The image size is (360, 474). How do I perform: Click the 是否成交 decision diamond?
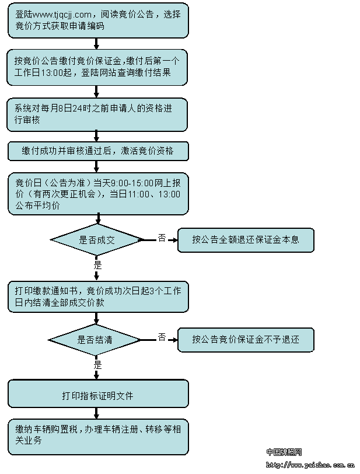coord(97,240)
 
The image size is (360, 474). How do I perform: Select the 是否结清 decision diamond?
coord(95,340)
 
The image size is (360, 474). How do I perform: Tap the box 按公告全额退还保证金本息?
coord(246,240)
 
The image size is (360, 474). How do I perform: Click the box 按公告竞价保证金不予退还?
coord(246,340)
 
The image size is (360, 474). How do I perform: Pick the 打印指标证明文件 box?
coord(98,394)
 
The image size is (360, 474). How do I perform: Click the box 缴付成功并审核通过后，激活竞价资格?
coord(98,151)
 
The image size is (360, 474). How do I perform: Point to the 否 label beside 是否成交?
coord(162,238)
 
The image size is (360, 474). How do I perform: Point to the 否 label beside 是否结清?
coord(162,337)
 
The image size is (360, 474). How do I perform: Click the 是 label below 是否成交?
coord(97,265)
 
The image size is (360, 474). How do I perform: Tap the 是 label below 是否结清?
coord(97,365)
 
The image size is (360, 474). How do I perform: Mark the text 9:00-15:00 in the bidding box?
coord(132,183)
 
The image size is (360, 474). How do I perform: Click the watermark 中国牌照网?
coord(284,452)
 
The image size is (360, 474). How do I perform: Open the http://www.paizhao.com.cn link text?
coord(310,465)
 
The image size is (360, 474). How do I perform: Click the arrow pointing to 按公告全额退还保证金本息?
coord(172,240)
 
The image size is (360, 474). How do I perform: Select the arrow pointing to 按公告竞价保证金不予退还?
coord(172,340)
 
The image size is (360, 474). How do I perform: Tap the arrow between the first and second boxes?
coord(96,44)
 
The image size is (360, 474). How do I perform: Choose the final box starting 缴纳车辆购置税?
coord(98,437)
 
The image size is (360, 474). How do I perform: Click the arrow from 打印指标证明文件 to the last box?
coord(96,413)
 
